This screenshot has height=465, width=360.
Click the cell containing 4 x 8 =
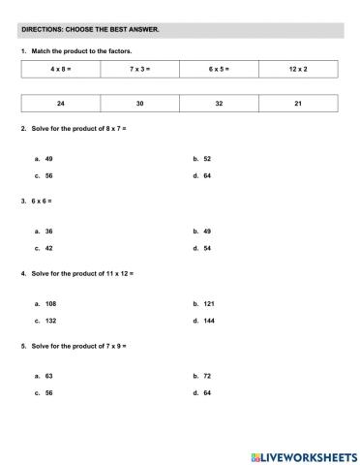point(61,69)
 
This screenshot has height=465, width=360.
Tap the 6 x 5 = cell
point(220,69)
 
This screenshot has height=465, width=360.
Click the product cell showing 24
point(61,103)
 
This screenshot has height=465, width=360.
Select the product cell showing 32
point(220,103)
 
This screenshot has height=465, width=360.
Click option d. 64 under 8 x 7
point(202,176)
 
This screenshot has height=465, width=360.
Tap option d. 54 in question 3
point(202,248)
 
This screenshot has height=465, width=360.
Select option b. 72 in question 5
point(202,375)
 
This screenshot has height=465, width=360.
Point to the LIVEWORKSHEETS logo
point(303,455)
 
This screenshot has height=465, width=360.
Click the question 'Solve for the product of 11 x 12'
point(81,273)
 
